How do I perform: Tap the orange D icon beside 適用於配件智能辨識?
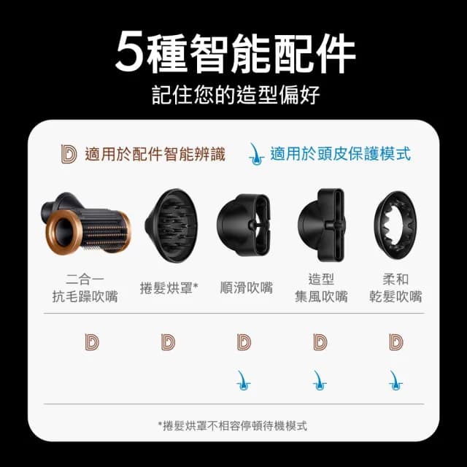(69, 153)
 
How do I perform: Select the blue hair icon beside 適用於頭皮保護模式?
(255, 153)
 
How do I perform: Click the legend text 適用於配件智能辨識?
(155, 154)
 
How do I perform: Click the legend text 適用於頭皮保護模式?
(340, 154)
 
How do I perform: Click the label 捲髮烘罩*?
(169, 288)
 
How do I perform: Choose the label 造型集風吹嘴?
(321, 288)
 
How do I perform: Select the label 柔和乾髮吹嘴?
(396, 288)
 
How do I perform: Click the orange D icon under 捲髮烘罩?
(169, 341)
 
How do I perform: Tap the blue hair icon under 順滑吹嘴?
(244, 379)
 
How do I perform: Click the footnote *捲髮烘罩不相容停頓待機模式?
(233, 425)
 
